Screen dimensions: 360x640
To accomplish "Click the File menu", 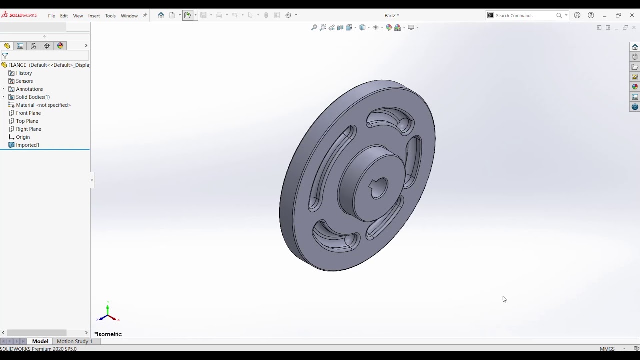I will pyautogui.click(x=51, y=16).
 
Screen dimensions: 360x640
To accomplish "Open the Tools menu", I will pyautogui.click(x=110, y=16).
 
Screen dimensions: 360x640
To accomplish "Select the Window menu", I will pyautogui.click(x=129, y=16).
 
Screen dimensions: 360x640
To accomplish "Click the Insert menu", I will pyautogui.click(x=94, y=16).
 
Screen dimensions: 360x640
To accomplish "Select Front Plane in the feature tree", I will pyautogui.click(x=28, y=113).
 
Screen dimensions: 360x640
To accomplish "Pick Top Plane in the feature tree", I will pyautogui.click(x=27, y=121).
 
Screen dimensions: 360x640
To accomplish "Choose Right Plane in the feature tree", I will pyautogui.click(x=28, y=129).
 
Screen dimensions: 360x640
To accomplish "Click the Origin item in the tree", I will pyautogui.click(x=23, y=137).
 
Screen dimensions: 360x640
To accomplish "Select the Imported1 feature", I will pyautogui.click(x=27, y=145).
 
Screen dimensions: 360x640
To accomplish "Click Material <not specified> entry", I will pyautogui.click(x=43, y=105).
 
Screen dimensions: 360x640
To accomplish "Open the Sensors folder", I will pyautogui.click(x=24, y=81).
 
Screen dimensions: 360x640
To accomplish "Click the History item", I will pyautogui.click(x=24, y=73).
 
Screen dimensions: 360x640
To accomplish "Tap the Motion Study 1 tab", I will pyautogui.click(x=74, y=341).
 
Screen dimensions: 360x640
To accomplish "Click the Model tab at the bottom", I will pyautogui.click(x=40, y=341).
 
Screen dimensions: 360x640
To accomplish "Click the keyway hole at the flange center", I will pyautogui.click(x=379, y=188).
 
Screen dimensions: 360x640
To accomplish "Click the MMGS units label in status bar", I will pyautogui.click(x=607, y=349).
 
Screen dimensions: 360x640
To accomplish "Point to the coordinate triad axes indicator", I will pyautogui.click(x=107, y=313).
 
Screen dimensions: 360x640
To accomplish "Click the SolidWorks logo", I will pyautogui.click(x=19, y=15).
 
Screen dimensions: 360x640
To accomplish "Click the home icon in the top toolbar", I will pyautogui.click(x=161, y=16).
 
